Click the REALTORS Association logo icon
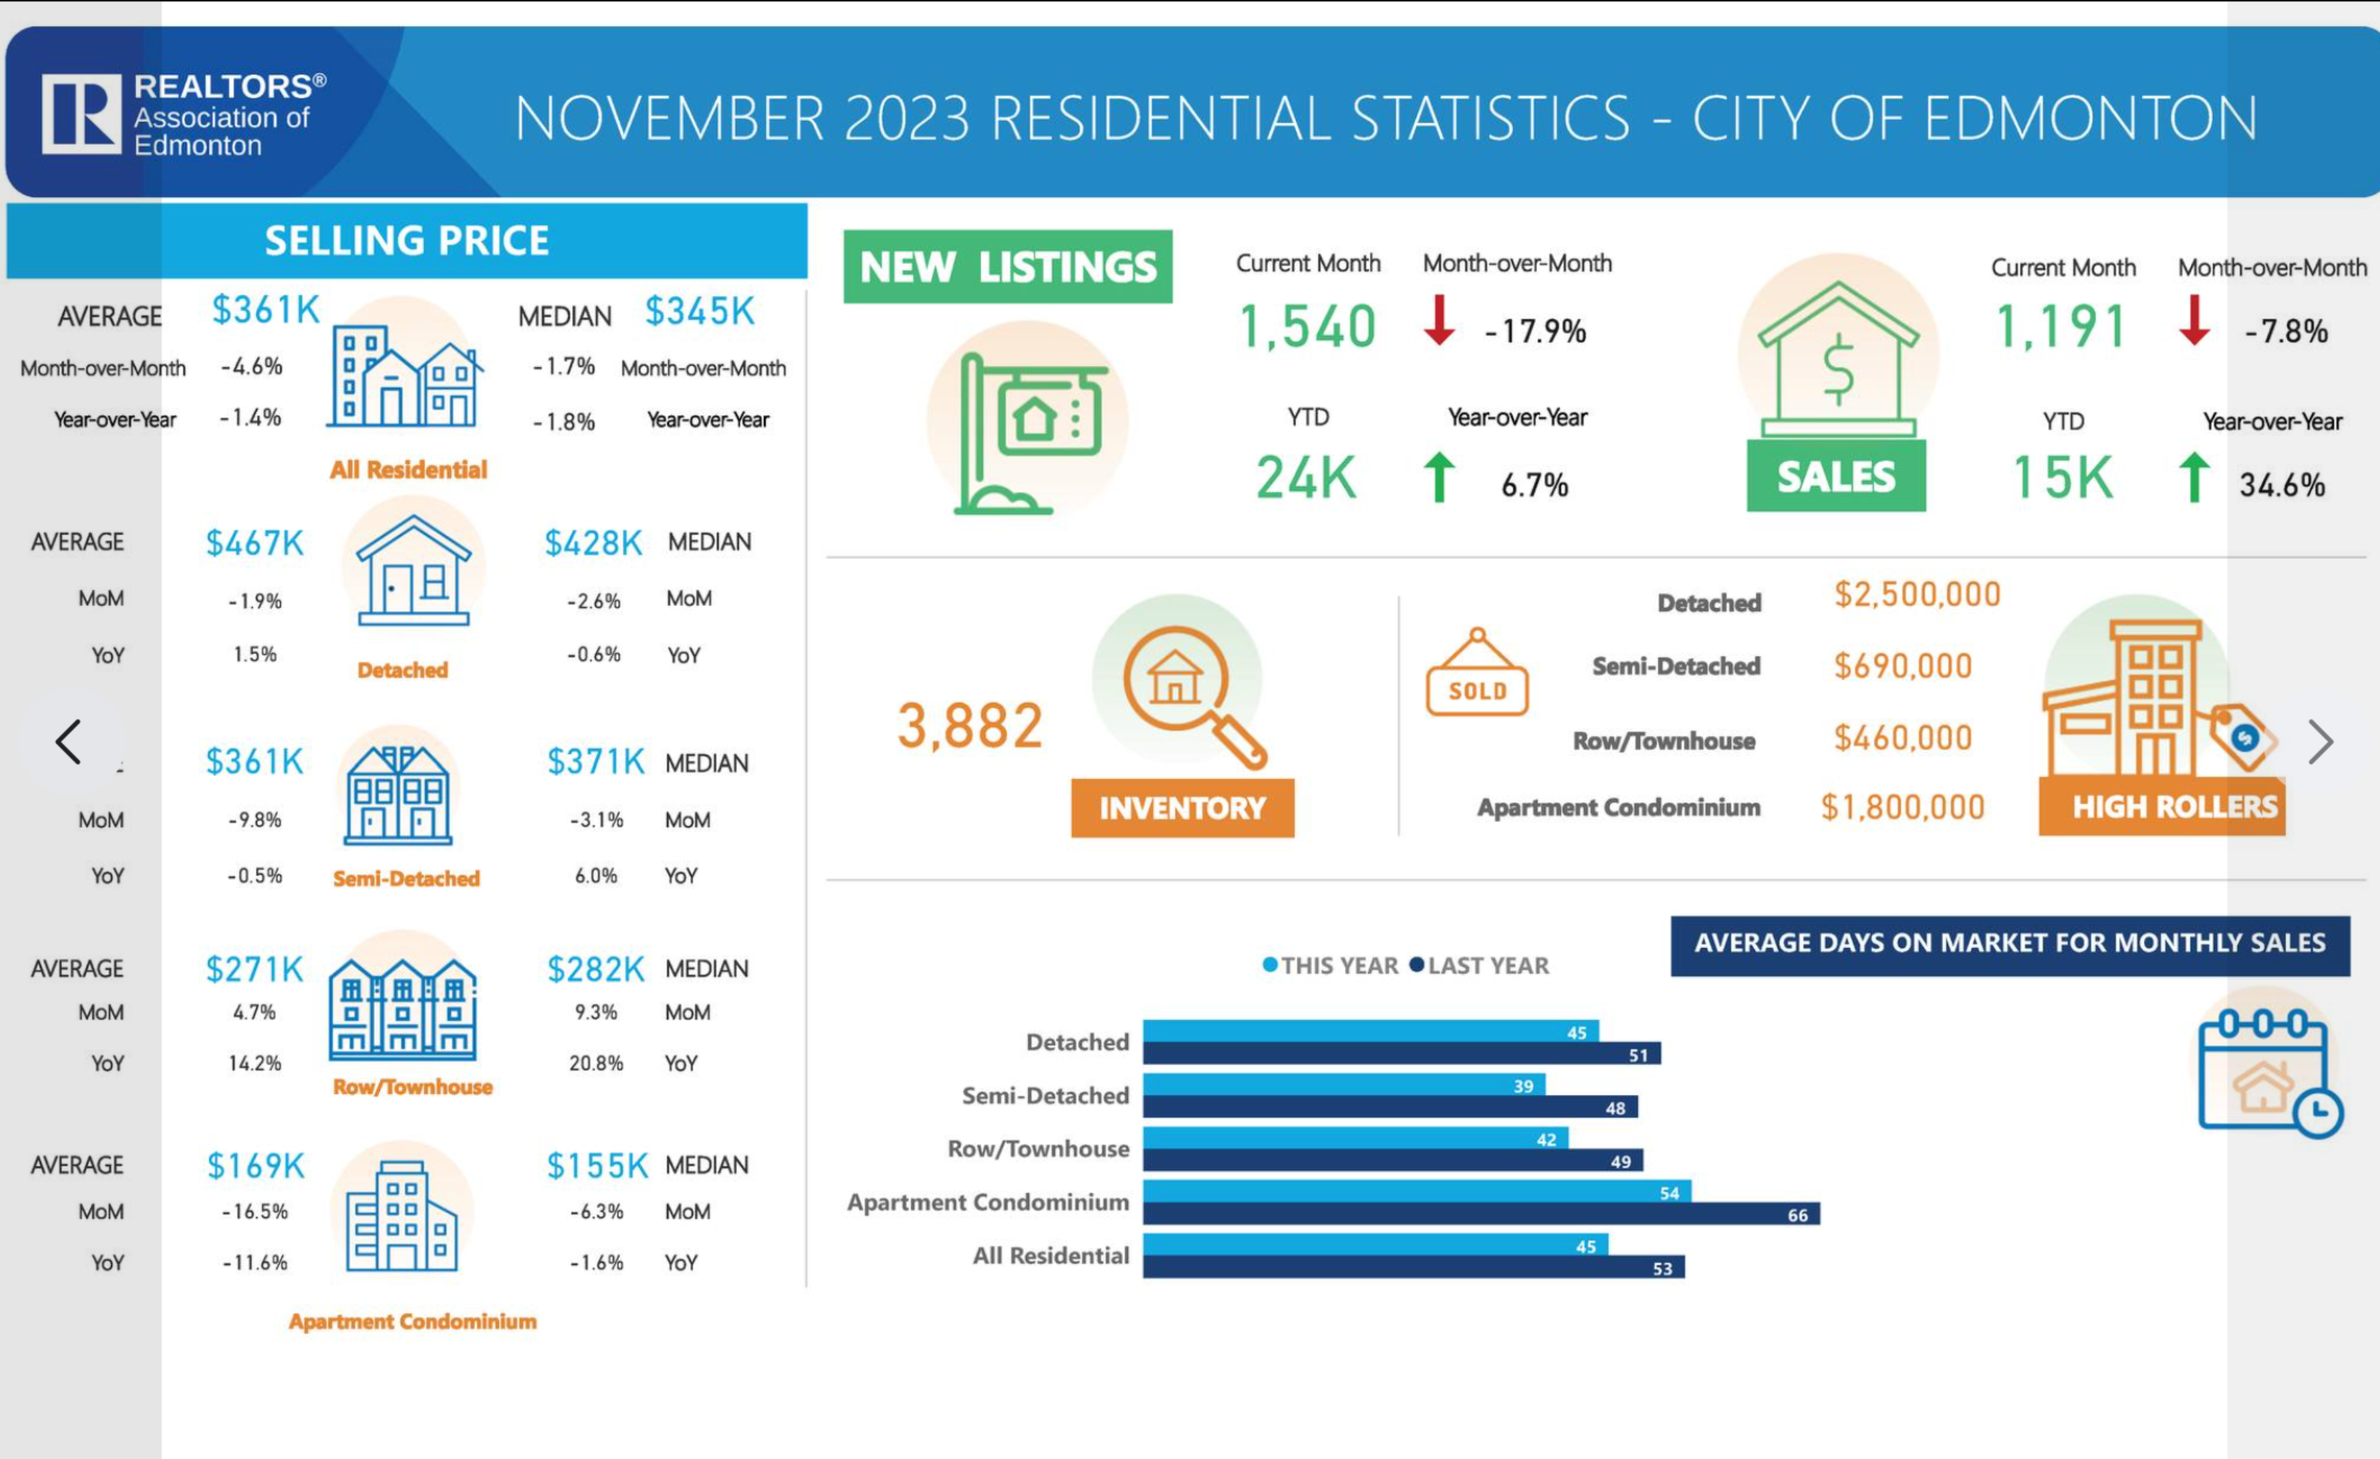pyautogui.click(x=81, y=114)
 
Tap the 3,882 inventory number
pyautogui.click(x=970, y=727)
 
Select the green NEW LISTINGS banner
pyautogui.click(x=1007, y=267)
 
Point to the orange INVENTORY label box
pyautogui.click(x=1182, y=808)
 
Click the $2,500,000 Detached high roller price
pyautogui.click(x=1917, y=595)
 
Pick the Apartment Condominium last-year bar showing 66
pyautogui.click(x=1481, y=1213)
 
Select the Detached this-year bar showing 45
pyautogui.click(x=1370, y=1031)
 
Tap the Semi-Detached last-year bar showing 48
pyautogui.click(x=1389, y=1107)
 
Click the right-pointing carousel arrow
pyautogui.click(x=2320, y=742)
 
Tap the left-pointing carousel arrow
pyautogui.click(x=69, y=742)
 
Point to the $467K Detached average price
pyautogui.click(x=255, y=544)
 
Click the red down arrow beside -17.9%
pyautogui.click(x=1439, y=321)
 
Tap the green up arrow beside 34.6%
pyautogui.click(x=2194, y=477)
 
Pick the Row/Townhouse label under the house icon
pyautogui.click(x=412, y=1087)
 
